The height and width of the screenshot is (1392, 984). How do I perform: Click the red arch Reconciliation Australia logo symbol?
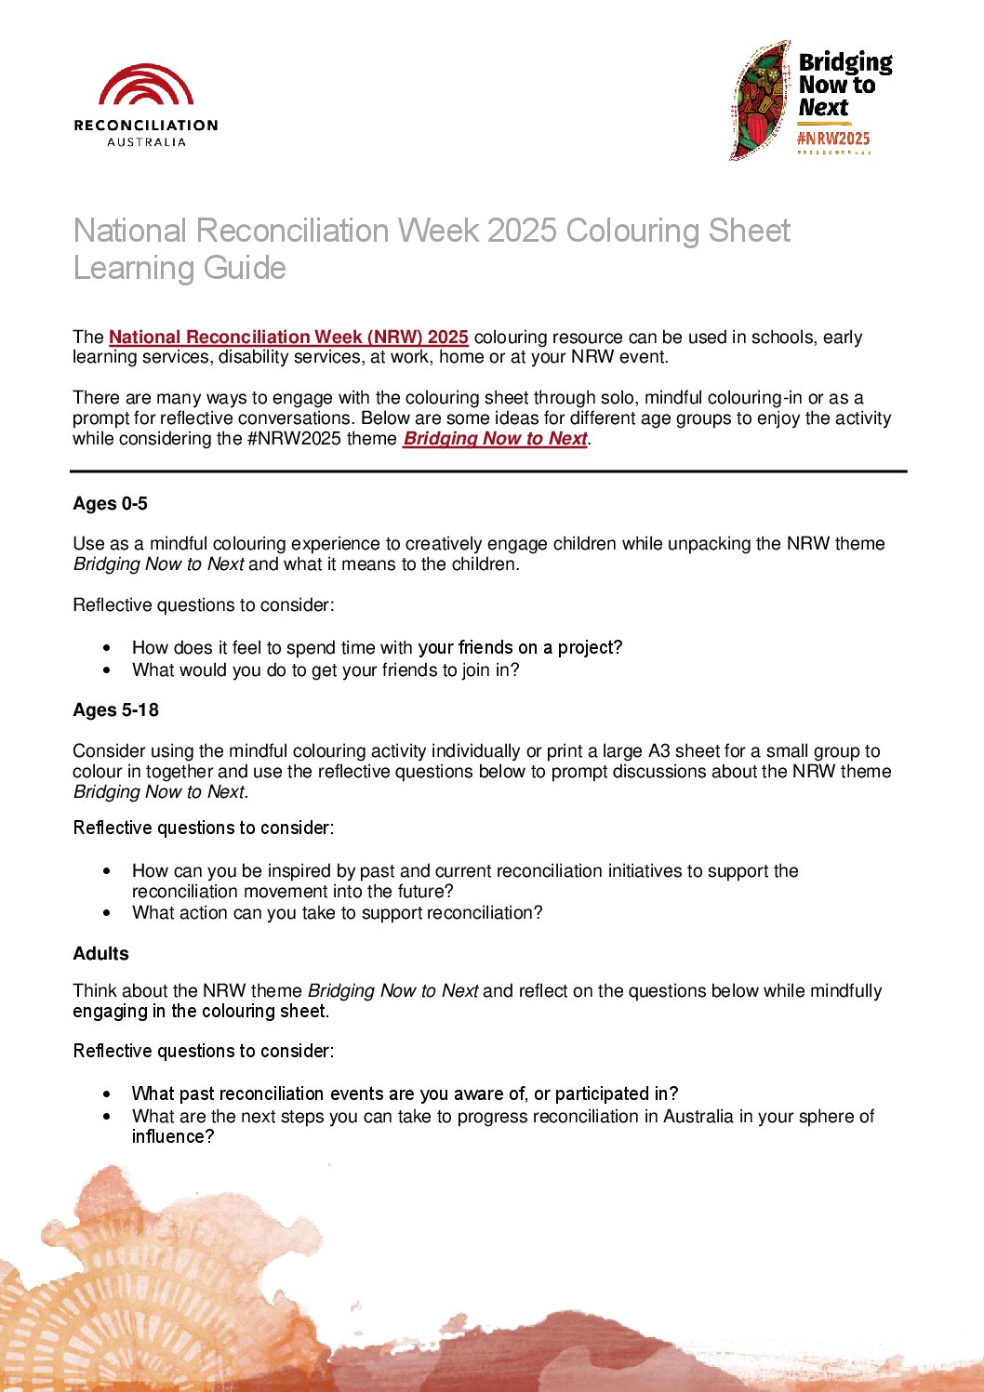[x=146, y=85]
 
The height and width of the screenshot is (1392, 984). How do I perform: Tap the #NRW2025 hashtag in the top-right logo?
[x=833, y=139]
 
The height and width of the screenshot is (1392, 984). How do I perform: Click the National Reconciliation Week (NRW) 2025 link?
[x=288, y=337]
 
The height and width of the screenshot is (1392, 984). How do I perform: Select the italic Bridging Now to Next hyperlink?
[x=495, y=438]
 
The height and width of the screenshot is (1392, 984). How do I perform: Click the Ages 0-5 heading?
[x=110, y=503]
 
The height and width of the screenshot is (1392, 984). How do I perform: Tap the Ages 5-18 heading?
[x=115, y=709]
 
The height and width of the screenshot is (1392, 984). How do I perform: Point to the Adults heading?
[x=100, y=953]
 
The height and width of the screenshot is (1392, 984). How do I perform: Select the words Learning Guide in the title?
[x=180, y=268]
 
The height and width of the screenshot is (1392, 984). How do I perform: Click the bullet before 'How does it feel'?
[x=108, y=647]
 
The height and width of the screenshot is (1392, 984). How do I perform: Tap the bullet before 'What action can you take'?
[x=108, y=913]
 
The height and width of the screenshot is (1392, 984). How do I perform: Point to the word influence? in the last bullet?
[x=173, y=1136]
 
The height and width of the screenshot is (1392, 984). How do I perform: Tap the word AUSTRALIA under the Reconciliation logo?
[x=146, y=142]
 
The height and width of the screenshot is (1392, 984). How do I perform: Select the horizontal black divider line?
[x=488, y=471]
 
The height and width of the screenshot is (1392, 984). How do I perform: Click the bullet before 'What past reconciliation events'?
[x=108, y=1094]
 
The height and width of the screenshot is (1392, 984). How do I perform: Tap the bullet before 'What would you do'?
[x=108, y=669]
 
